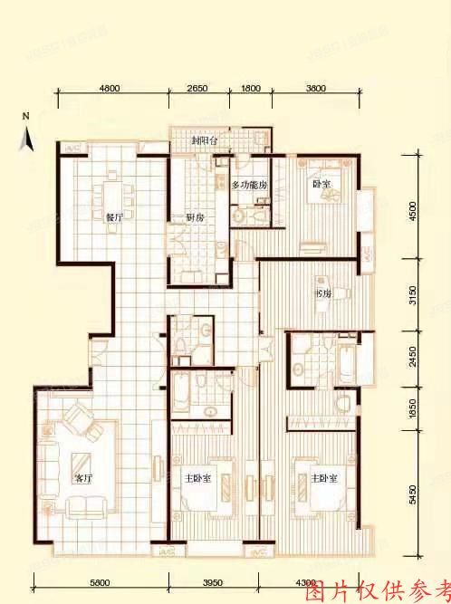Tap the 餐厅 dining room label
pos(114,217)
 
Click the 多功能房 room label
pos(249,184)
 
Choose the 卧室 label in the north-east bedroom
pos(321,184)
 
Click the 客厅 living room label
pos(82,478)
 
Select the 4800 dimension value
pos(110,88)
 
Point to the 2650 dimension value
pos(197,88)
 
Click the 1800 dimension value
pos(251,88)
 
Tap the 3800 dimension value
pos(316,88)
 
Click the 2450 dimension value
pos(413,354)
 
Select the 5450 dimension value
pos(413,494)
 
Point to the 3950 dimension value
pos(211,582)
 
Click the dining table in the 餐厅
pos(114,195)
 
